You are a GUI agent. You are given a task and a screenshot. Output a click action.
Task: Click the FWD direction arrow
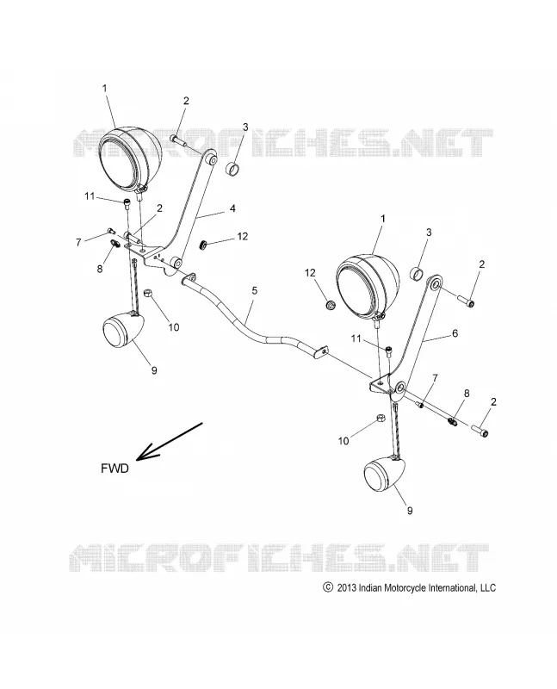click(x=169, y=442)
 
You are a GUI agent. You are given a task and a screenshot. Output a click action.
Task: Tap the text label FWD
click(x=114, y=469)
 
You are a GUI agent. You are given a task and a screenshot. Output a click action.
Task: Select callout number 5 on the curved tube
click(x=254, y=291)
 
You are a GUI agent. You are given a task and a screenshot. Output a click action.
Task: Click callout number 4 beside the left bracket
click(x=232, y=208)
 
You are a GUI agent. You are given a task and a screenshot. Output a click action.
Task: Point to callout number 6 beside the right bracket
click(x=455, y=333)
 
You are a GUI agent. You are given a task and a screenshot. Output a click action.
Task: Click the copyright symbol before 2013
click(x=327, y=587)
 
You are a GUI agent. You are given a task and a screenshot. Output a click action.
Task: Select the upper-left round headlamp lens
click(x=129, y=158)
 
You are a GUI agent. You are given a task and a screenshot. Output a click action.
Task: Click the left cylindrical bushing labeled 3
click(x=233, y=169)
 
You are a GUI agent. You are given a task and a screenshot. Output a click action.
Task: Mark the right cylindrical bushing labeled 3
click(x=418, y=273)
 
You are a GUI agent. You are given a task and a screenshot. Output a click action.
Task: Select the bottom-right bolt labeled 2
click(x=480, y=430)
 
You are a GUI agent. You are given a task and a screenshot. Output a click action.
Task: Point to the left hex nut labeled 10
click(x=149, y=293)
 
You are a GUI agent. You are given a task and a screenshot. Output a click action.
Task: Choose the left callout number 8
click(x=100, y=268)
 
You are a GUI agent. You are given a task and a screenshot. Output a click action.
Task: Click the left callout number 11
click(x=90, y=196)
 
